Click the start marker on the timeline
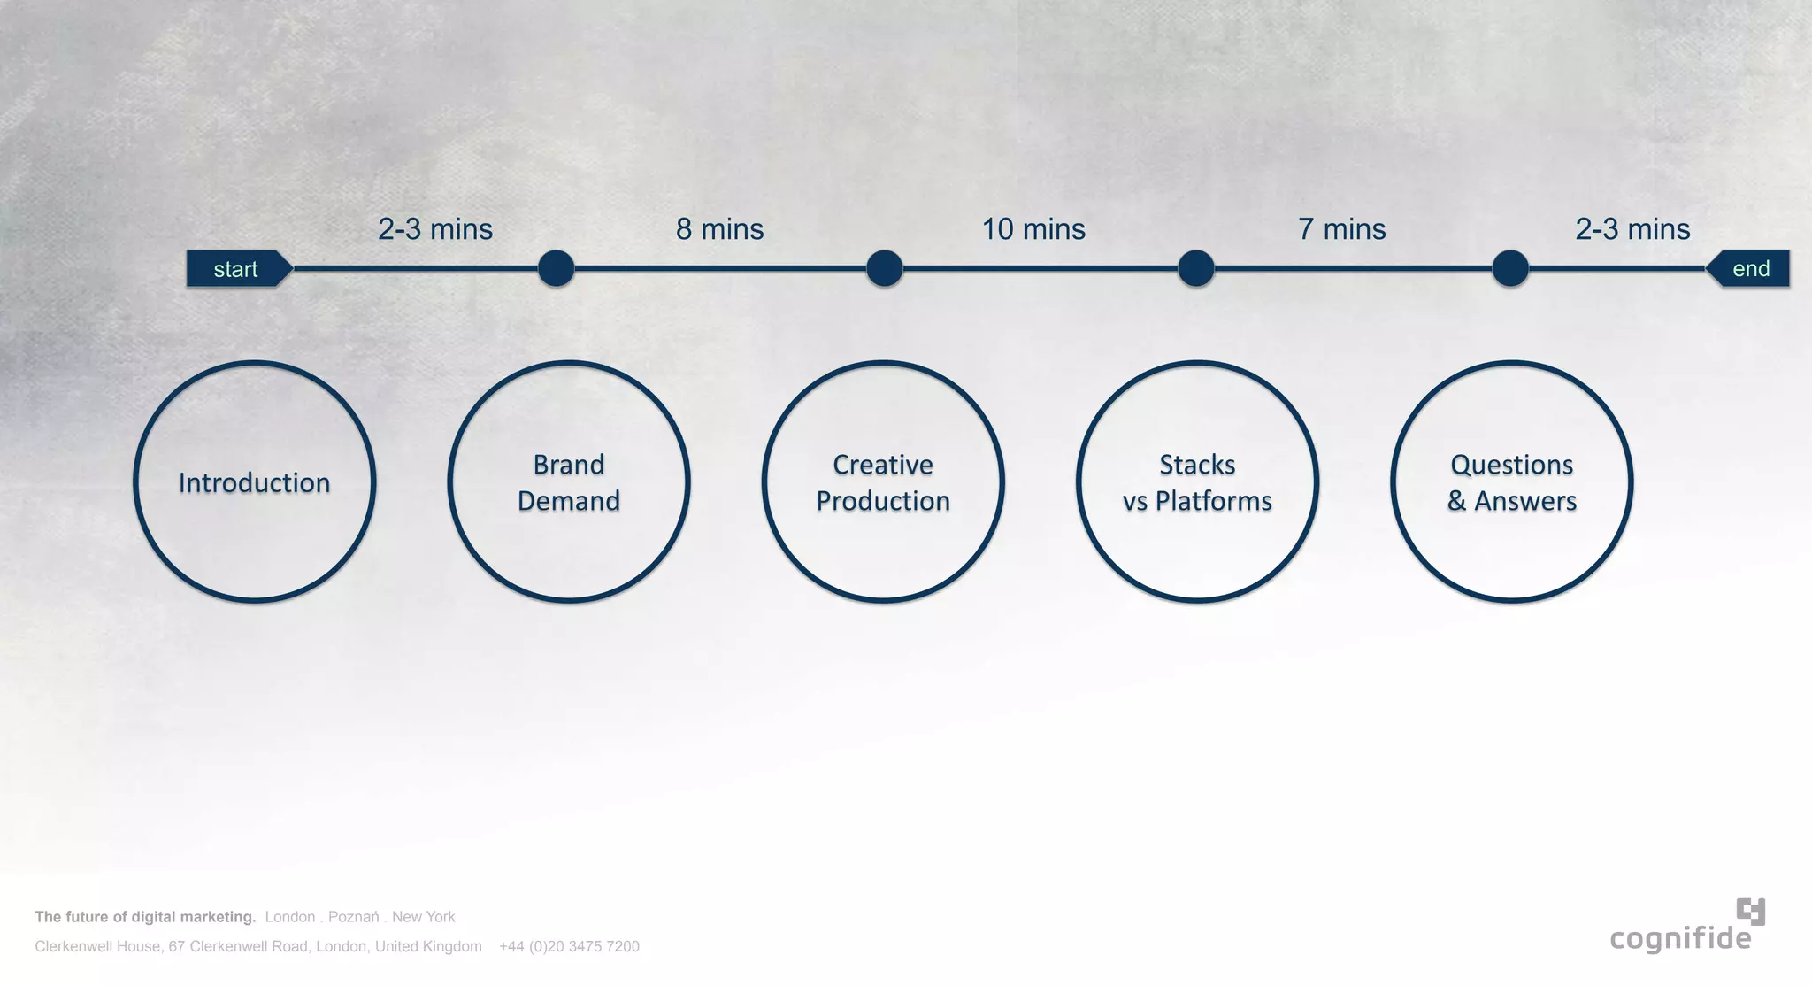(x=236, y=269)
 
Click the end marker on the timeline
(x=1750, y=269)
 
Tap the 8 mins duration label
(x=719, y=229)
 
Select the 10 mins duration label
(x=1033, y=229)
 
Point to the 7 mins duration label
(x=1341, y=229)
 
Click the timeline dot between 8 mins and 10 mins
(x=884, y=268)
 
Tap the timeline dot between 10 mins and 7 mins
(x=1196, y=268)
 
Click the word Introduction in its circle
(x=255, y=482)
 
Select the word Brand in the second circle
(x=569, y=465)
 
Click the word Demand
(x=569, y=501)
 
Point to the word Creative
(x=883, y=465)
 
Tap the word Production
(x=883, y=501)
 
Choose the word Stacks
(x=1197, y=465)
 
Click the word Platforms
(x=1214, y=501)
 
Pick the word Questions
(x=1512, y=465)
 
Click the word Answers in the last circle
(x=1525, y=501)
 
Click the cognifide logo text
(x=1680, y=939)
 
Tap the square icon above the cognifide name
(x=1751, y=911)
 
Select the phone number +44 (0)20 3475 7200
(x=569, y=946)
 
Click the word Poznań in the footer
(x=353, y=917)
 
